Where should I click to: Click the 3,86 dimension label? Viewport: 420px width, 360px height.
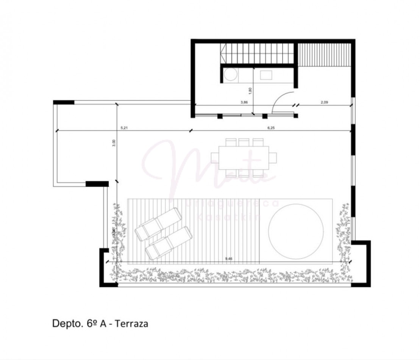(244, 102)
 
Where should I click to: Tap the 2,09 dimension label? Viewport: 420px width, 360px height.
(324, 102)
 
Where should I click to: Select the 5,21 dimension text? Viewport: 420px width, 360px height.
(124, 128)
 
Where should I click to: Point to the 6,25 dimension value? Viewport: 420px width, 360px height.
(271, 128)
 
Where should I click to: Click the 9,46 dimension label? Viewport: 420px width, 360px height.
(229, 258)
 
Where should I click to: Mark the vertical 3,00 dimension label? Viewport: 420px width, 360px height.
(114, 143)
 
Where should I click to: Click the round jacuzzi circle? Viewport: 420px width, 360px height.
(296, 230)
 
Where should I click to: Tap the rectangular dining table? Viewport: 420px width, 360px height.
(244, 157)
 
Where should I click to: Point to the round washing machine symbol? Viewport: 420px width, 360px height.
(230, 75)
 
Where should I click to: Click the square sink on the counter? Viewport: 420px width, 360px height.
(266, 75)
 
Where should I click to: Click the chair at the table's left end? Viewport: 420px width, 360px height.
(215, 157)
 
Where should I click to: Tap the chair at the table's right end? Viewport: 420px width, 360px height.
(273, 157)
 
